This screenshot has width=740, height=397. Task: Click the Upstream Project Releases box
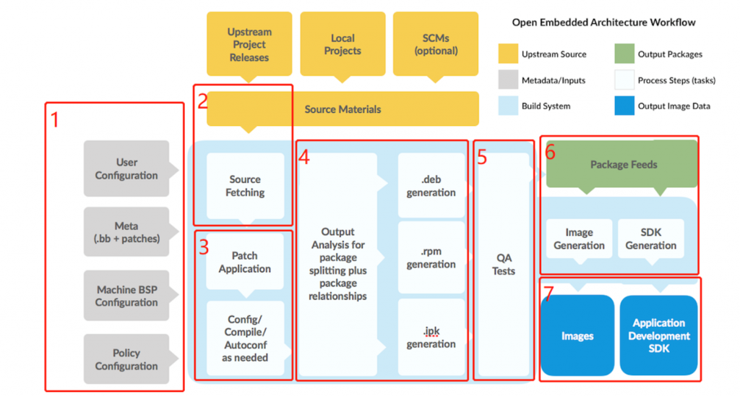[x=249, y=44]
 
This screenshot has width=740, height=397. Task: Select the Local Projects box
[x=343, y=44]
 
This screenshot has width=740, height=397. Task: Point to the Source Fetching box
[x=245, y=186]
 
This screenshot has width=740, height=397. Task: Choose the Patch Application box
[x=245, y=262]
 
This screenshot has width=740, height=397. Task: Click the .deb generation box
[x=431, y=186]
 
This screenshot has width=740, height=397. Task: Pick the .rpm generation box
[x=431, y=257]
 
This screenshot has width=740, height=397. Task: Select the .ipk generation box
[x=431, y=337]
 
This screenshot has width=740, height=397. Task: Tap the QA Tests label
[x=504, y=264]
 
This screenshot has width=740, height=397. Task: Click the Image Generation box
[x=579, y=239]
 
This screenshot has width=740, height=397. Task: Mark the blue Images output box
[x=577, y=336]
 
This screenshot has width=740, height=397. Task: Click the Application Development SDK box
[x=658, y=336]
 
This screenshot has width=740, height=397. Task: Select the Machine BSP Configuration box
[x=126, y=296]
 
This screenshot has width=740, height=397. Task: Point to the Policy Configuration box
[x=126, y=359]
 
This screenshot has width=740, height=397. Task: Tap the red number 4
[x=304, y=157]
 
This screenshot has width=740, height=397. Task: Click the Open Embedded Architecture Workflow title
[x=603, y=22]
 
